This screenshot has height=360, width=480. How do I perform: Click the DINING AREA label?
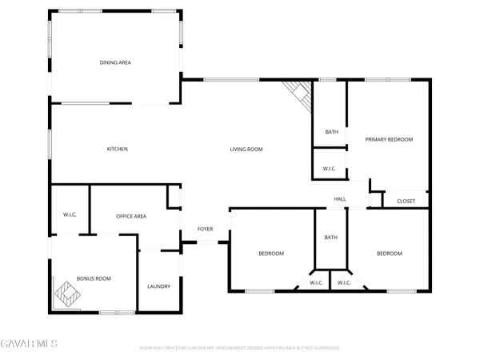[115, 62]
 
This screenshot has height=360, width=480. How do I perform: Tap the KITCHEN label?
[118, 149]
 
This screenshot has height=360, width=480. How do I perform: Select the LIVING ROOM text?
[246, 149]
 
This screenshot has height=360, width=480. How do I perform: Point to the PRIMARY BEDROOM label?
[389, 139]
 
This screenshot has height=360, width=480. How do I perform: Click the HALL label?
[340, 199]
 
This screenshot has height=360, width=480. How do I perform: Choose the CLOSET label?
[406, 201]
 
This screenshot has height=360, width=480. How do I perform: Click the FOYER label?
[206, 230]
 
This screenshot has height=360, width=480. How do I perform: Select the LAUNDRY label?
[158, 286]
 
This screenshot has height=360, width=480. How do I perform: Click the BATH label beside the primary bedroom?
[331, 132]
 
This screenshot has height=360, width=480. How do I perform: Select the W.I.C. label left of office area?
[70, 214]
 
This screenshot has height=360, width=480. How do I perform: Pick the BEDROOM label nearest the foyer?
[270, 254]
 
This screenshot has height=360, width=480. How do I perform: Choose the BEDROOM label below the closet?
[390, 254]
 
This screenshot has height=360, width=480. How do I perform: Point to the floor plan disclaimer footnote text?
[240, 348]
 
